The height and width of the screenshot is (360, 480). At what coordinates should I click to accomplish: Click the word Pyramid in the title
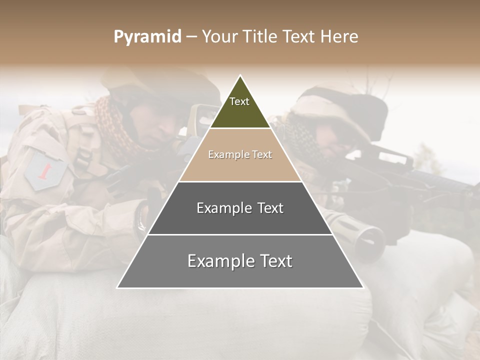click(147, 37)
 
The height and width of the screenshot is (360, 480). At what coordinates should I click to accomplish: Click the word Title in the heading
click(260, 36)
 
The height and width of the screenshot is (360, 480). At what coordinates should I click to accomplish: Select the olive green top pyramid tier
click(240, 110)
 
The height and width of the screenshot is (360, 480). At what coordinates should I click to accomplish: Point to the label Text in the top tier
click(239, 101)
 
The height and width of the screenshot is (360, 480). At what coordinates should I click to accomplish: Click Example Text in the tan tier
click(240, 154)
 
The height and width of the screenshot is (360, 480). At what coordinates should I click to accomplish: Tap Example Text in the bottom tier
click(240, 261)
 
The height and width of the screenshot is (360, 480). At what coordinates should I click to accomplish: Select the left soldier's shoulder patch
click(46, 170)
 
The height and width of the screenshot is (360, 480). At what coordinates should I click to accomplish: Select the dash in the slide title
click(191, 37)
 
